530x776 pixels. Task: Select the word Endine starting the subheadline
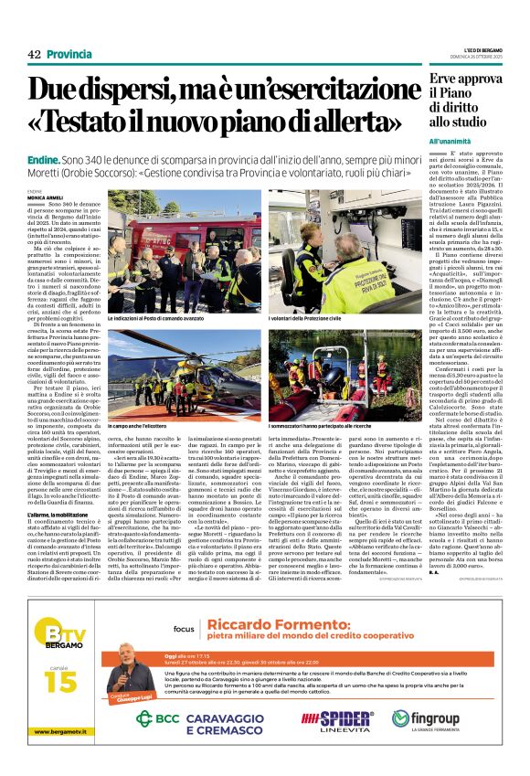pyautogui.click(x=45, y=160)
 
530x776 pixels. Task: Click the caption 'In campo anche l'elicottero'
pyautogui.click(x=144, y=427)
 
